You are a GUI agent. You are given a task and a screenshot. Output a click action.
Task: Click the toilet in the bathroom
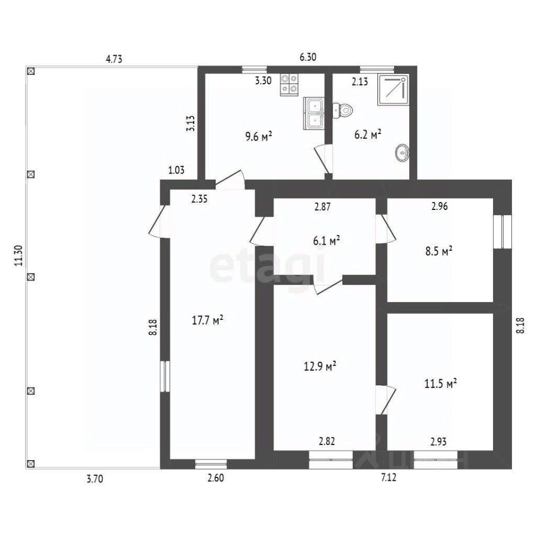point(343,111)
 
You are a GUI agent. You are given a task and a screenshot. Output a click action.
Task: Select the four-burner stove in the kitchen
point(289,85)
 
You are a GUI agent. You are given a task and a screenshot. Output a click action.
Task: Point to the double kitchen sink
point(313,113)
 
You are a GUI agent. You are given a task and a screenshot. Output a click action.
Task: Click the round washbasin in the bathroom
point(403,152)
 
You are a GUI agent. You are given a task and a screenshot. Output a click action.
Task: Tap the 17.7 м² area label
point(208,320)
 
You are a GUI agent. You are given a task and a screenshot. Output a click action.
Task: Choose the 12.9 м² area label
point(320,366)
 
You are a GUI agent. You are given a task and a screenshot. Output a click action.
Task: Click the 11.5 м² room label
point(441,383)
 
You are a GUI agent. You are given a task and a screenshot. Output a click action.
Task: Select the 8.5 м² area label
point(439,251)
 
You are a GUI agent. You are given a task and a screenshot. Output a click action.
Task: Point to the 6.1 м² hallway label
point(327,241)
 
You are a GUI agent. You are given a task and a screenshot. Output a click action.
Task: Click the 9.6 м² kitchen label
point(259,137)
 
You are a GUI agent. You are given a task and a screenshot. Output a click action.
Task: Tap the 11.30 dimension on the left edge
point(18,256)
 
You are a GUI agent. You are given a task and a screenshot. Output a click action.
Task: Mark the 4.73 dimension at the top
point(114,59)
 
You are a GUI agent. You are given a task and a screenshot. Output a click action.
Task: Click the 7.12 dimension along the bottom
point(389,477)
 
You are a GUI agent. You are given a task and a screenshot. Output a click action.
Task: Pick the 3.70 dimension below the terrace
point(95,479)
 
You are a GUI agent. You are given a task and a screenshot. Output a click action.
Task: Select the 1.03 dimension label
point(176,170)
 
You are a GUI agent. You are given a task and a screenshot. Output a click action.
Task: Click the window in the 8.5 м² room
point(502,232)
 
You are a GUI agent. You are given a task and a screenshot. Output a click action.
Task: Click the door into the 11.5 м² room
point(386,400)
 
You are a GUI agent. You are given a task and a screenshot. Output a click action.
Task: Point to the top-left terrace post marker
point(31,71)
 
